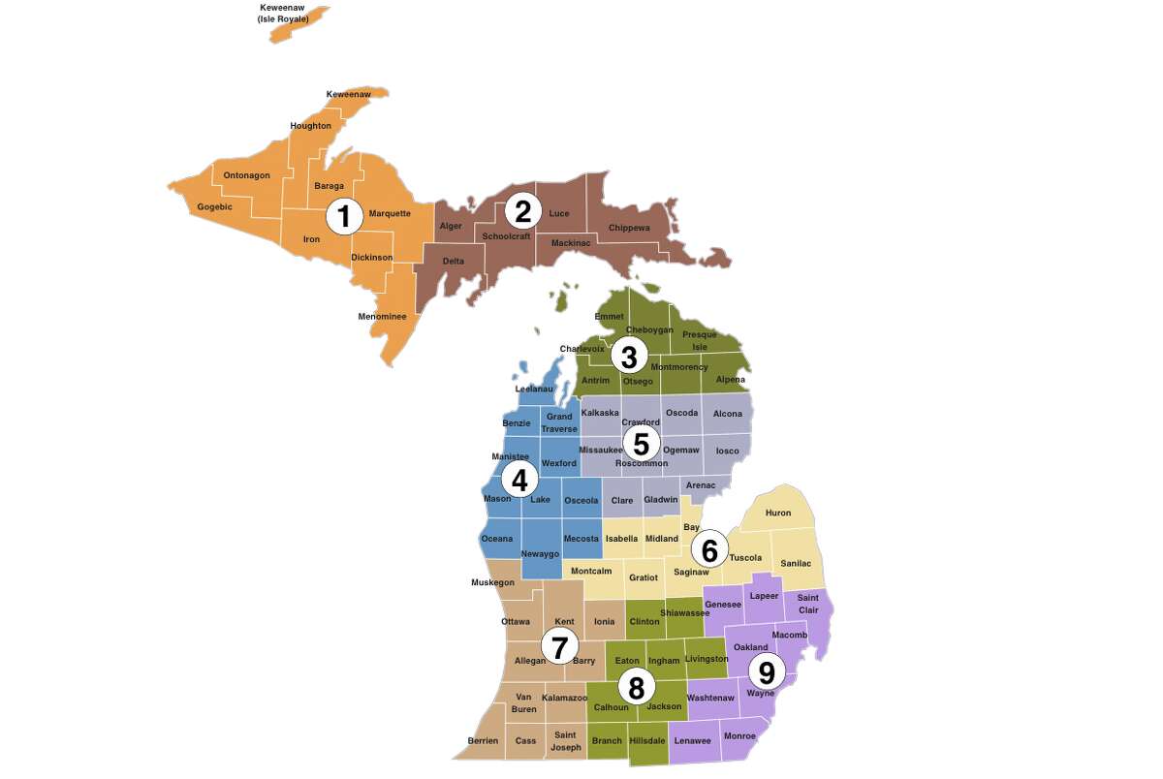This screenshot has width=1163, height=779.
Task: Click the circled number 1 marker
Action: pyautogui.click(x=344, y=216)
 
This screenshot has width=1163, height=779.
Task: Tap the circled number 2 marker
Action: pyautogui.click(x=523, y=210)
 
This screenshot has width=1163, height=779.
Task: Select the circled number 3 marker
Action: pyautogui.click(x=629, y=357)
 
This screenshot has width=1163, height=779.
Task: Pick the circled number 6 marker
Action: pyautogui.click(x=709, y=550)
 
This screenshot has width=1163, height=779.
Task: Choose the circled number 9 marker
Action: pyautogui.click(x=767, y=671)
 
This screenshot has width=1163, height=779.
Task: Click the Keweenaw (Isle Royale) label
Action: pyautogui.click(x=283, y=13)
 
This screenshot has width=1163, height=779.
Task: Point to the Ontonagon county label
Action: pyautogui.click(x=246, y=175)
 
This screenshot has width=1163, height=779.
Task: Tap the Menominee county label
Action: pyautogui.click(x=382, y=317)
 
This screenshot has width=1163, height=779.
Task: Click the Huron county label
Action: pyautogui.click(x=778, y=513)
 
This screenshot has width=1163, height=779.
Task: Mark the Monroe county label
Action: pyautogui.click(x=739, y=736)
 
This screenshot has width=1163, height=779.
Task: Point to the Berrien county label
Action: pyautogui.click(x=483, y=741)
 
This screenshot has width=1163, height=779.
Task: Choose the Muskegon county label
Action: pyautogui.click(x=492, y=582)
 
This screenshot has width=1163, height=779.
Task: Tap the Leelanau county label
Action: pyautogui.click(x=534, y=389)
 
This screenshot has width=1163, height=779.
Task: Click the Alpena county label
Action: pyautogui.click(x=731, y=380)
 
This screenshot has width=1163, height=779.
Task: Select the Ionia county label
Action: pyautogui.click(x=604, y=622)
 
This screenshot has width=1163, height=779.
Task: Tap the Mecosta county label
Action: pyautogui.click(x=581, y=539)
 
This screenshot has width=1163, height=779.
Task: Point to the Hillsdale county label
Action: pyautogui.click(x=646, y=741)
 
